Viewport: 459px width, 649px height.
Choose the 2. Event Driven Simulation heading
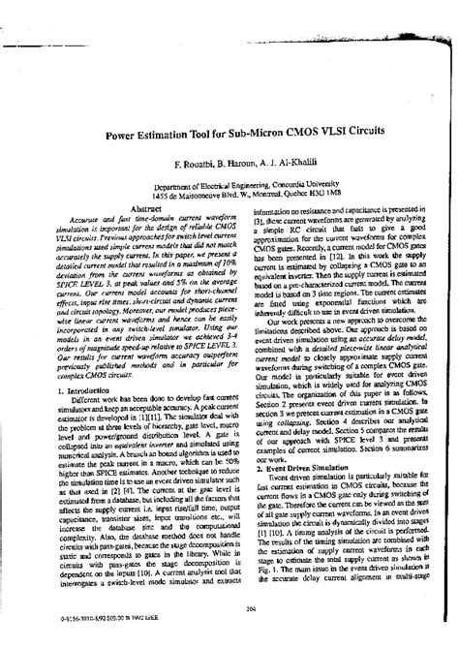302,467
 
